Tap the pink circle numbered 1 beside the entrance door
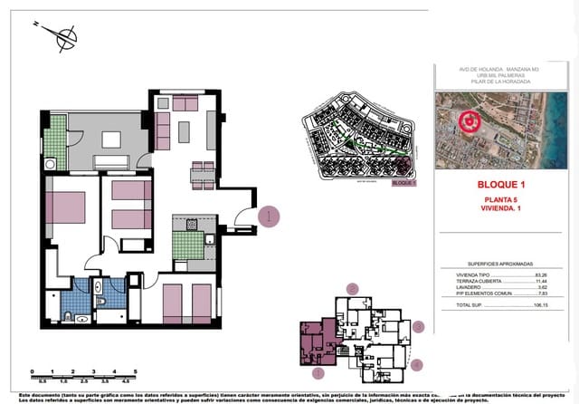pyautogui.click(x=269, y=216)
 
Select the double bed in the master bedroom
pyautogui.click(x=65, y=207)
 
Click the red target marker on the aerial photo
pyautogui.click(x=469, y=120)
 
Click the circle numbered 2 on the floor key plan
pyautogui.click(x=353, y=289)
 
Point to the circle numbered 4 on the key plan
pyautogui.click(x=416, y=364)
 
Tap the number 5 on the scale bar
pyautogui.click(x=135, y=371)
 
